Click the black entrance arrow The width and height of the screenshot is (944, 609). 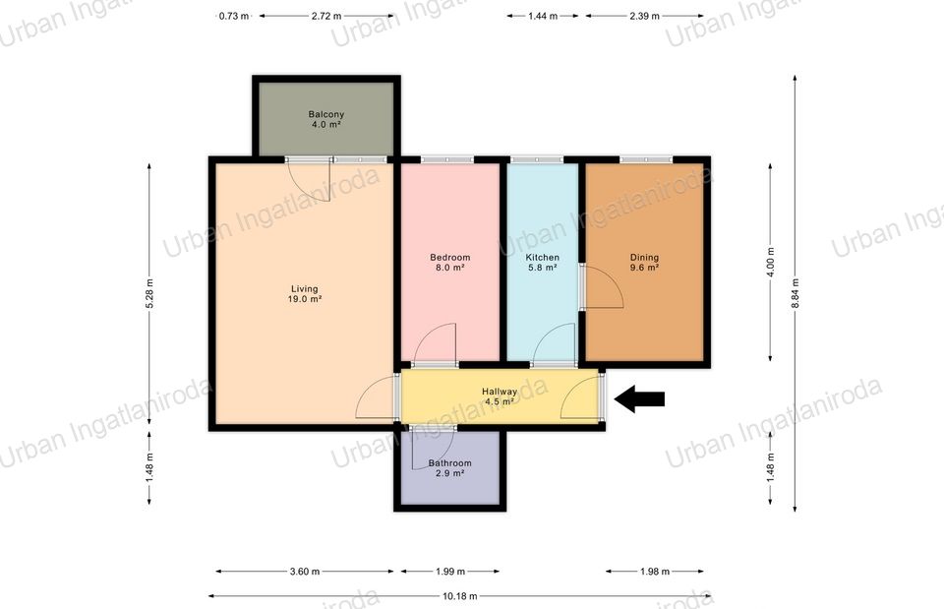(639, 398)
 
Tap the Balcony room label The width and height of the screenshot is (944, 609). (325, 119)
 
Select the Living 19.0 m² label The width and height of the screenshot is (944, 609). (304, 293)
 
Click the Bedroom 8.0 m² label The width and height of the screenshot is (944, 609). (449, 262)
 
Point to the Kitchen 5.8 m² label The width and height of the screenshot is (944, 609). (543, 262)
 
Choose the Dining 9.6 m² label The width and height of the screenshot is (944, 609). (644, 262)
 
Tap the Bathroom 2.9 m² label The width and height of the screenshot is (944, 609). (449, 468)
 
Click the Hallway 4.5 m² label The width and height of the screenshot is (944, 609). (500, 396)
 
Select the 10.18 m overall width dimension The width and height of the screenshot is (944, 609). (460, 596)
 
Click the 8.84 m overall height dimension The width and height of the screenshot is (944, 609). (795, 293)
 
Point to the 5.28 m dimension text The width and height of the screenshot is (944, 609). (149, 293)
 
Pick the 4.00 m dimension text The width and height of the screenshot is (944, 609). (771, 262)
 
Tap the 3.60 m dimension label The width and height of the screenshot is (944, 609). (305, 571)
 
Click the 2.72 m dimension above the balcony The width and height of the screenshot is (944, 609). (326, 17)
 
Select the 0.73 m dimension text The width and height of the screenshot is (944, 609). (234, 17)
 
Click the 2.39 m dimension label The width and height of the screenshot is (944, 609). (644, 17)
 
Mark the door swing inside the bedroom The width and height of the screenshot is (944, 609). (435, 343)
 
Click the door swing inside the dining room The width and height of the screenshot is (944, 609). (604, 287)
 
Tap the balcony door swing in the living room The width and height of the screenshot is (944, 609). (311, 182)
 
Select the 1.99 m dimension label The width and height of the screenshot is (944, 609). (450, 571)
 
